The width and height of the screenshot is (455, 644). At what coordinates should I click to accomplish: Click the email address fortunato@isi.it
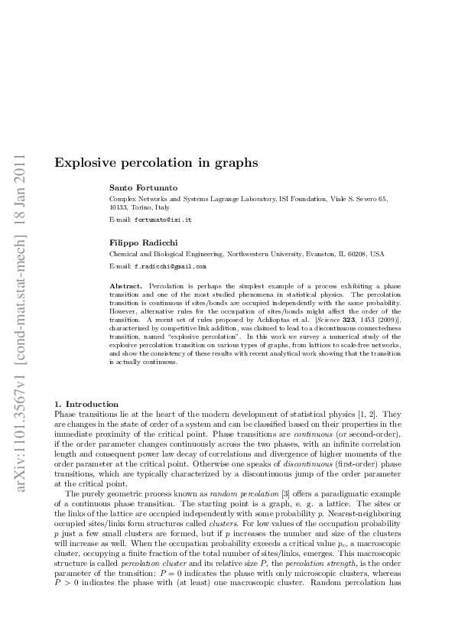[x=163, y=220]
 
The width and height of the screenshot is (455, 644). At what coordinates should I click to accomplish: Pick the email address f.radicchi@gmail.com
[x=170, y=267]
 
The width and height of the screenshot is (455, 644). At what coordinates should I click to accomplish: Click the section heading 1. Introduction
[x=86, y=404]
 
